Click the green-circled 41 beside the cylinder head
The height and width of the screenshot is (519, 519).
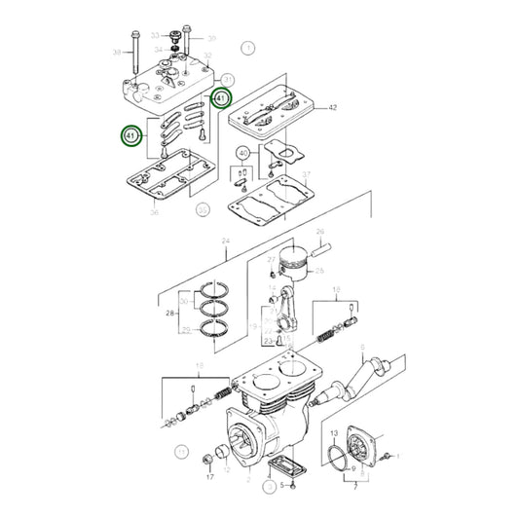click(221, 97)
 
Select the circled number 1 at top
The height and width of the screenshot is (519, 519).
click(247, 47)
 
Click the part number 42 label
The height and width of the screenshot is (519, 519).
click(332, 107)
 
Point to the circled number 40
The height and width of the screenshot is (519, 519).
click(242, 153)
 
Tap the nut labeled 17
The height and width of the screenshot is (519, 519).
click(207, 457)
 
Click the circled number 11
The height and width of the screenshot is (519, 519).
click(182, 452)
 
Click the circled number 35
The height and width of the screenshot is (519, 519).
click(203, 208)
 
